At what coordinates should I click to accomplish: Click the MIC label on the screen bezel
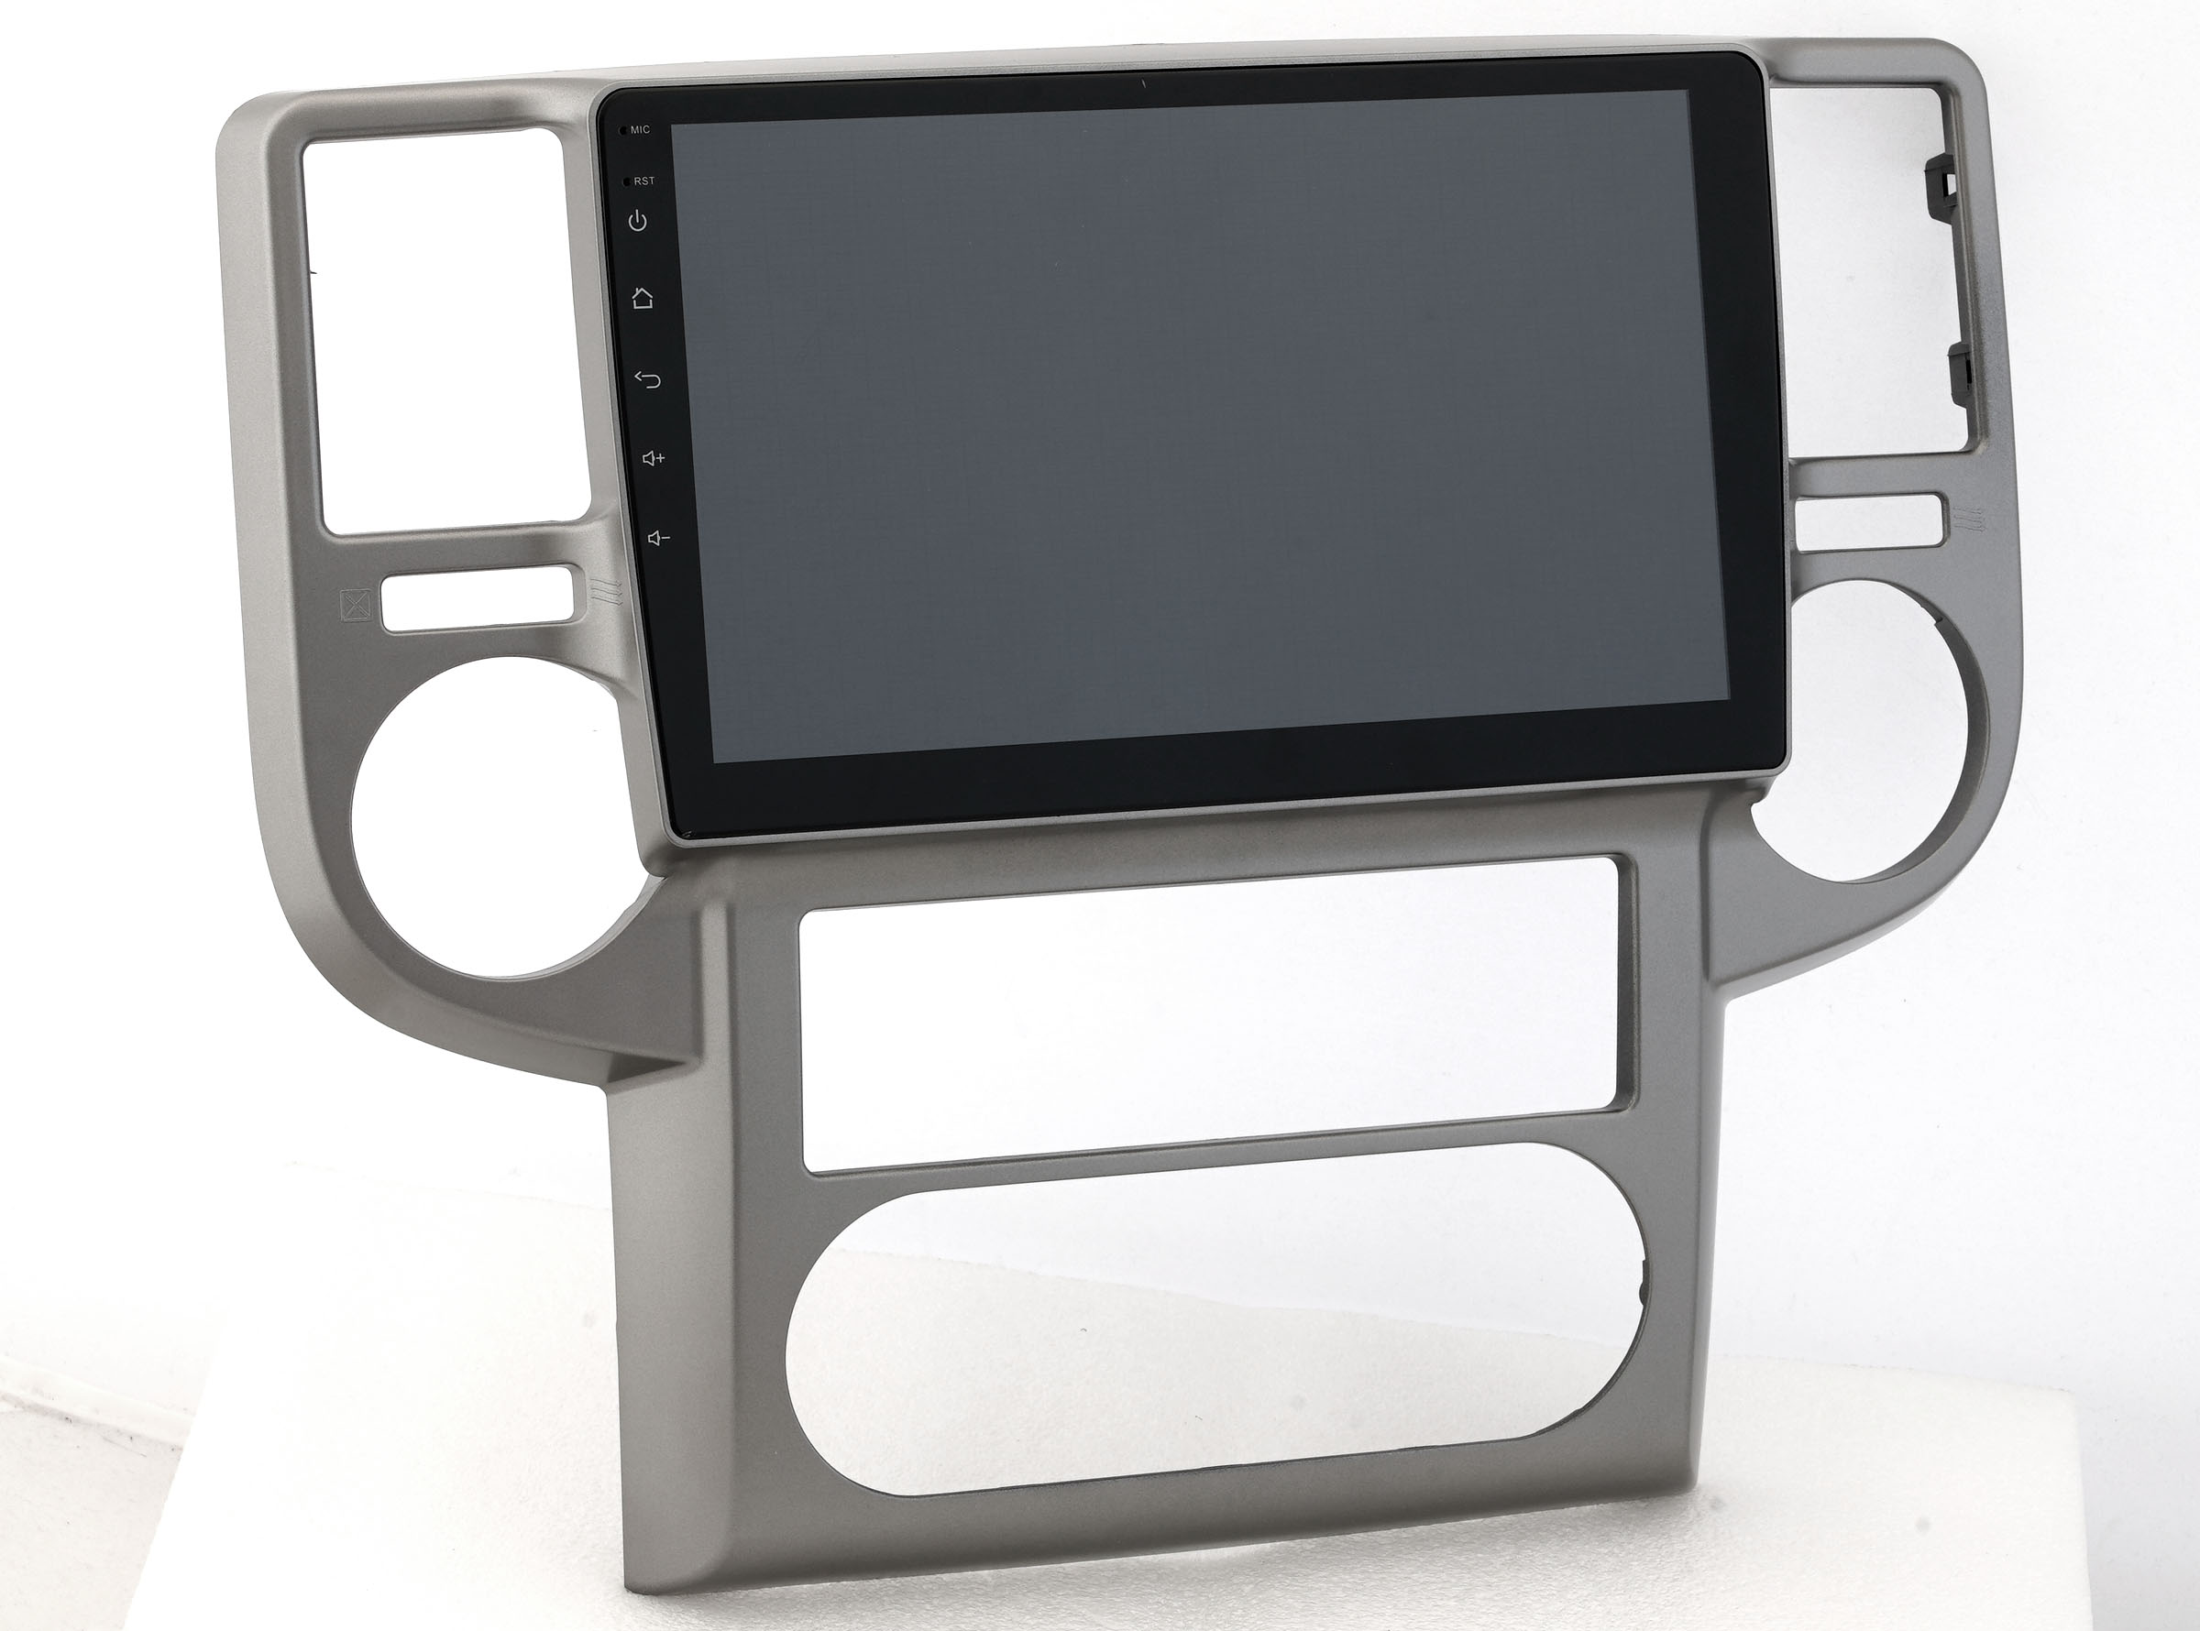[640, 129]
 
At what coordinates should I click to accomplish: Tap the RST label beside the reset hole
[643, 181]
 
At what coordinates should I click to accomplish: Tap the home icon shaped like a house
[643, 296]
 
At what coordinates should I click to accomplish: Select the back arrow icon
[648, 379]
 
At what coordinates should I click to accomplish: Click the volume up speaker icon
[654, 458]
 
